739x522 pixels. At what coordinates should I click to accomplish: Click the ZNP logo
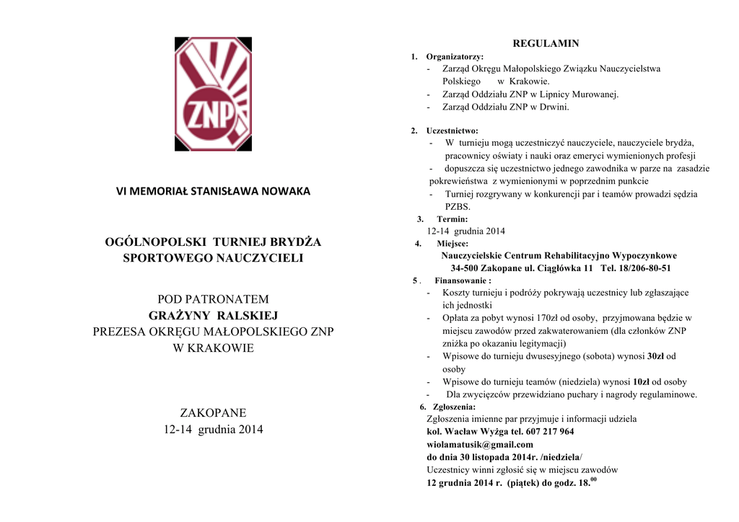(x=213, y=94)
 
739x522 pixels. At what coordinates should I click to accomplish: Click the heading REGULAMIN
(x=546, y=43)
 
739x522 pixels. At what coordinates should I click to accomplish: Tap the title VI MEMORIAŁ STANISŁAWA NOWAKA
(x=213, y=191)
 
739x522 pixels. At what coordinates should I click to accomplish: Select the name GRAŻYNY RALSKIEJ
(x=213, y=315)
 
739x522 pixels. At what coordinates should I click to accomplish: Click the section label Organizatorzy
(x=455, y=56)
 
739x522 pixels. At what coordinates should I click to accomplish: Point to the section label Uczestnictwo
(x=452, y=130)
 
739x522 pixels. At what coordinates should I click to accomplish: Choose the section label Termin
(x=452, y=218)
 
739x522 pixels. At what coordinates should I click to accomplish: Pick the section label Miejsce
(x=452, y=244)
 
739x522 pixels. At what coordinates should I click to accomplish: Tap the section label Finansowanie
(x=463, y=280)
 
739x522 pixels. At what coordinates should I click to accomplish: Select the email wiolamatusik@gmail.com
(x=480, y=445)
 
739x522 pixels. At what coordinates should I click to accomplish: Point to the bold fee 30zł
(x=655, y=356)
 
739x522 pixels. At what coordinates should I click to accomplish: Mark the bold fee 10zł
(x=642, y=382)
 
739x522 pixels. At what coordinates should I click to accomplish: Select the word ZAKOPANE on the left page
(x=213, y=413)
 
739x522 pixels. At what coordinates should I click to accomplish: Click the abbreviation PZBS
(x=458, y=207)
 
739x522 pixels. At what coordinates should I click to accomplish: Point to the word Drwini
(x=555, y=107)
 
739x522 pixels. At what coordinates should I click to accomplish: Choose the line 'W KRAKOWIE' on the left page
(x=213, y=348)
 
